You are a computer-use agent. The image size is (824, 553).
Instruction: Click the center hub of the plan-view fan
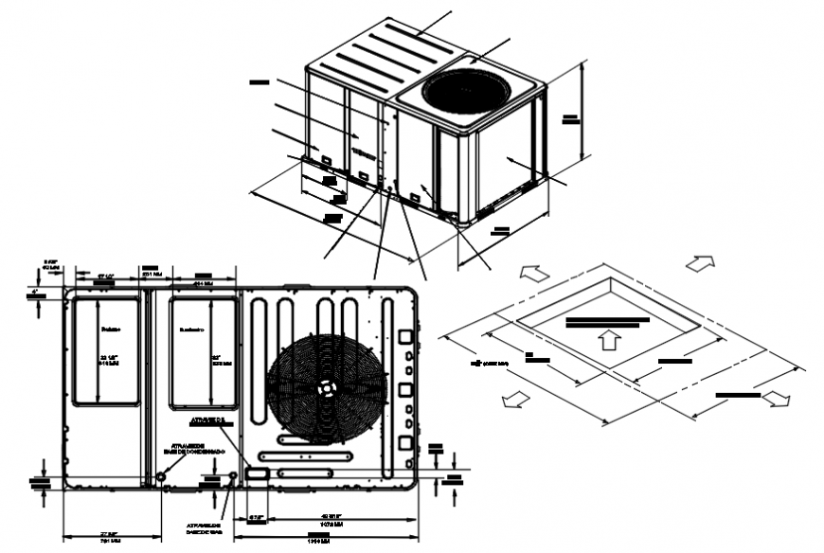click(326, 388)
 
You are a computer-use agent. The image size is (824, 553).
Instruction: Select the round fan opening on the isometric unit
click(466, 92)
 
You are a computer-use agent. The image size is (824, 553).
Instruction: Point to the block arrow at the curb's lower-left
click(516, 399)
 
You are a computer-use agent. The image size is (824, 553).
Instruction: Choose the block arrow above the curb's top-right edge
click(700, 262)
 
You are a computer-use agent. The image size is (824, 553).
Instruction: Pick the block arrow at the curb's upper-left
click(532, 273)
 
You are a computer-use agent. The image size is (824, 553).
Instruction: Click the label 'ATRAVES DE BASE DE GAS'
click(203, 528)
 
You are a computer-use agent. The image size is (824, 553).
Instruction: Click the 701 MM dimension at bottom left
click(110, 542)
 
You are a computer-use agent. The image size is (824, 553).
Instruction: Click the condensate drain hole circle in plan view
click(161, 475)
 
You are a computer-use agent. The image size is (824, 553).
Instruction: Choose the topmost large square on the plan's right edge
click(404, 335)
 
